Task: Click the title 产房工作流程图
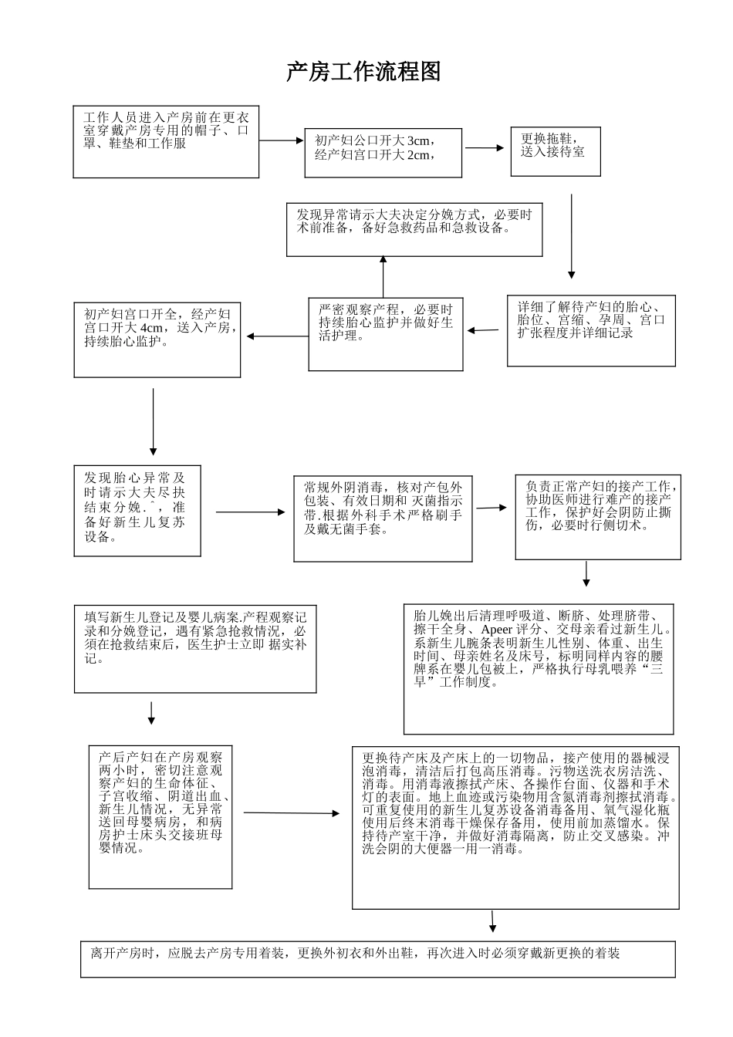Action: point(363,73)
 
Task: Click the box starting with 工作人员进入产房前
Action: point(166,142)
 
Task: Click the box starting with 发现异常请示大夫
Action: point(414,229)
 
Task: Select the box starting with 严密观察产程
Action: point(386,333)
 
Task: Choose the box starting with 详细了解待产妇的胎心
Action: point(590,330)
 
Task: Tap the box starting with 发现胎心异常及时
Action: point(137,510)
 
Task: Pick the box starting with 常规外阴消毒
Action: point(383,518)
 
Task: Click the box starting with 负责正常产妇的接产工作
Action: point(598,517)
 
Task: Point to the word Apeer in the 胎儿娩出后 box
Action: point(496,630)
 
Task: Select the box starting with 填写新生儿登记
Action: point(195,648)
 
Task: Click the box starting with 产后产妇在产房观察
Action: point(160,816)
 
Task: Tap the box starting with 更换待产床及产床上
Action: point(516,827)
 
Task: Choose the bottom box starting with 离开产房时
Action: point(377,959)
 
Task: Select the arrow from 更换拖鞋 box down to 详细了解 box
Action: point(571,236)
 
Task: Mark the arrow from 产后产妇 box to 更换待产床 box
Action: point(292,812)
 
